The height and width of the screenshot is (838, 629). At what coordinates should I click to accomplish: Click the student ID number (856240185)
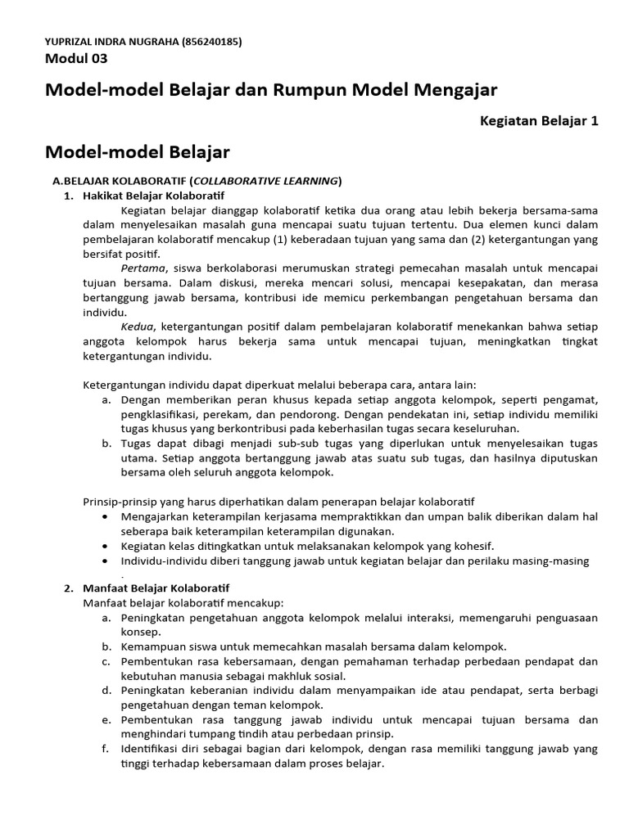pos(206,42)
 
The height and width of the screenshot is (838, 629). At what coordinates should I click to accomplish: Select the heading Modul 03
pos(75,58)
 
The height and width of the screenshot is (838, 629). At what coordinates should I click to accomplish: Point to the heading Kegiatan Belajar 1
pos(539,120)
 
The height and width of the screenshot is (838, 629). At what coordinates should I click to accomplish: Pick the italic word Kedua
pos(138,327)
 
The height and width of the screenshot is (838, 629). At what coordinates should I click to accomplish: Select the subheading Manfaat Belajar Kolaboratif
pos(156,588)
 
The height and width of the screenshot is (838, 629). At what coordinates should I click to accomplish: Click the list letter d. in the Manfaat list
pos(106,691)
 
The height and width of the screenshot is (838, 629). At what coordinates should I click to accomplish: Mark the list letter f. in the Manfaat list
pos(106,749)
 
